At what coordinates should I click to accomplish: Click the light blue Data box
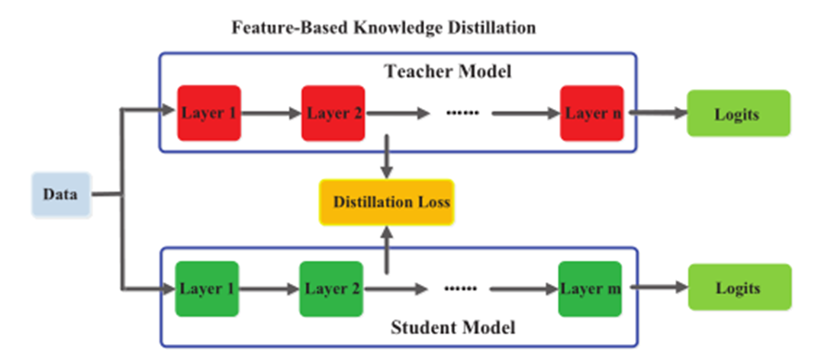click(61, 194)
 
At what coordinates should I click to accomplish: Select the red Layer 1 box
click(208, 113)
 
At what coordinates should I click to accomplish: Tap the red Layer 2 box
click(333, 113)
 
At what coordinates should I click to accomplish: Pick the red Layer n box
click(592, 113)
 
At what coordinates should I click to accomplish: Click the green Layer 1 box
click(208, 289)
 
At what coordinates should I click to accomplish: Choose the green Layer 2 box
click(331, 289)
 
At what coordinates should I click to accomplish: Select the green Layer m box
click(590, 289)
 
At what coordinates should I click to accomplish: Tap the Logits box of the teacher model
click(738, 114)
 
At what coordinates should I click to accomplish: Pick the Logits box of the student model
click(738, 288)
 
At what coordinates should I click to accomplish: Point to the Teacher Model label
click(448, 72)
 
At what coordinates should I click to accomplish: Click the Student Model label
click(453, 329)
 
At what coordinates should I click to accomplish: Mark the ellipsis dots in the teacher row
click(461, 114)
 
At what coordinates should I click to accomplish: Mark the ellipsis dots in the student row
click(460, 289)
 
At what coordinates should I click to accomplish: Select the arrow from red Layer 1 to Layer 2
click(270, 114)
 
